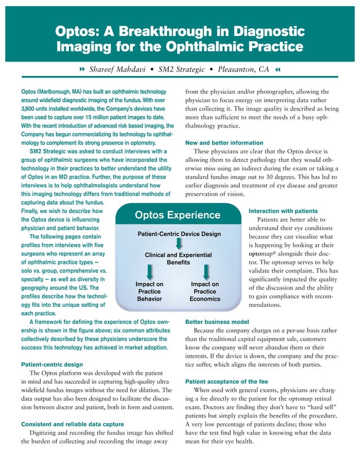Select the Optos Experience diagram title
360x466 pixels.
point(178,215)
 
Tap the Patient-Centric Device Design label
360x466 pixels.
point(178,234)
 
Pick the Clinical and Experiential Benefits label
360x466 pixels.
point(178,259)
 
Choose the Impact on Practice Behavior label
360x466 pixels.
point(150,291)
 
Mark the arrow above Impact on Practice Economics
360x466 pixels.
point(205,274)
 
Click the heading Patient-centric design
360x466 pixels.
point(52,364)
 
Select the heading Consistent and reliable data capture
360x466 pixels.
point(73,424)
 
